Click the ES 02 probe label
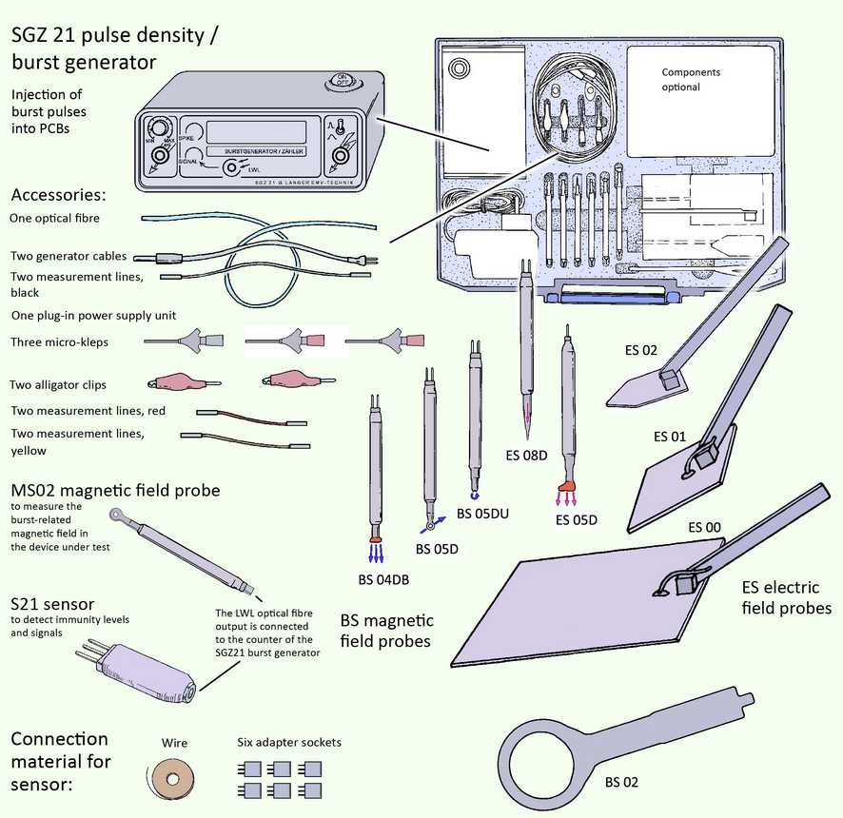(x=642, y=350)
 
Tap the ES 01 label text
(x=670, y=437)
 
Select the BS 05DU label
(x=482, y=514)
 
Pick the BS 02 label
(x=622, y=782)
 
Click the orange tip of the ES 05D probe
(x=567, y=486)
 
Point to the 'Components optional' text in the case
(x=691, y=80)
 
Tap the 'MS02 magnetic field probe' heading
(x=115, y=491)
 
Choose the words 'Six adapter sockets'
(x=288, y=742)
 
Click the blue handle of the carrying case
(x=610, y=298)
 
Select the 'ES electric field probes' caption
(x=785, y=597)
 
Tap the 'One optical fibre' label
(x=54, y=218)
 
